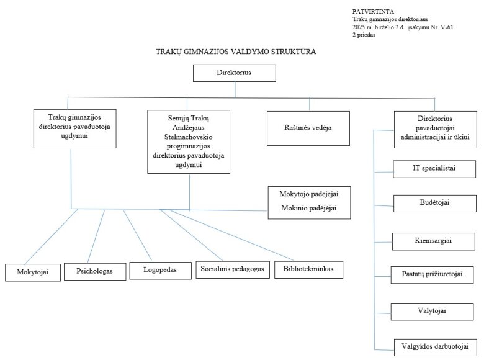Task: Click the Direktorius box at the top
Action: (x=234, y=73)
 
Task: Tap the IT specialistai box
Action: (x=434, y=168)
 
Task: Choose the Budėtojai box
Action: (x=434, y=204)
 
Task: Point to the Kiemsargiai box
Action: (x=434, y=240)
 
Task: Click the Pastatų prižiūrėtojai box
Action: (x=434, y=274)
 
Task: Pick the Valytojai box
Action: (x=434, y=310)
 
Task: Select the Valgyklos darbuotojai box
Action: (x=434, y=346)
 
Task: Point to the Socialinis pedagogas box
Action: (x=233, y=269)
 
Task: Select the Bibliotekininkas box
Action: (x=308, y=269)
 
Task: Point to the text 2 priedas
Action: (x=364, y=35)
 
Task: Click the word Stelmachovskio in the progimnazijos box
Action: (x=189, y=140)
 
